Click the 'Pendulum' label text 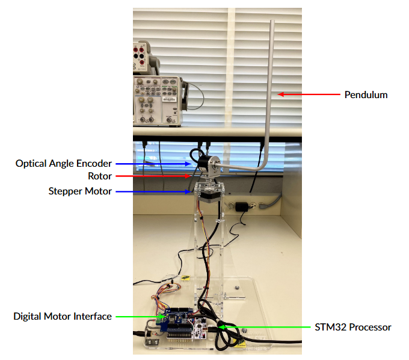click(x=366, y=95)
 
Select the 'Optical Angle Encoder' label click(x=64, y=163)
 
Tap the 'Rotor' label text click(x=100, y=176)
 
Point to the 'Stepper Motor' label click(x=80, y=191)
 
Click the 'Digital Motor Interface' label click(x=63, y=316)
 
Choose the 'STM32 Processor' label click(x=353, y=327)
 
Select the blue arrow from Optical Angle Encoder click(x=153, y=163)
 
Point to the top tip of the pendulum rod click(x=271, y=22)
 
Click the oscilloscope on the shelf click(x=157, y=100)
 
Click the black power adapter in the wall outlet click(x=242, y=206)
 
